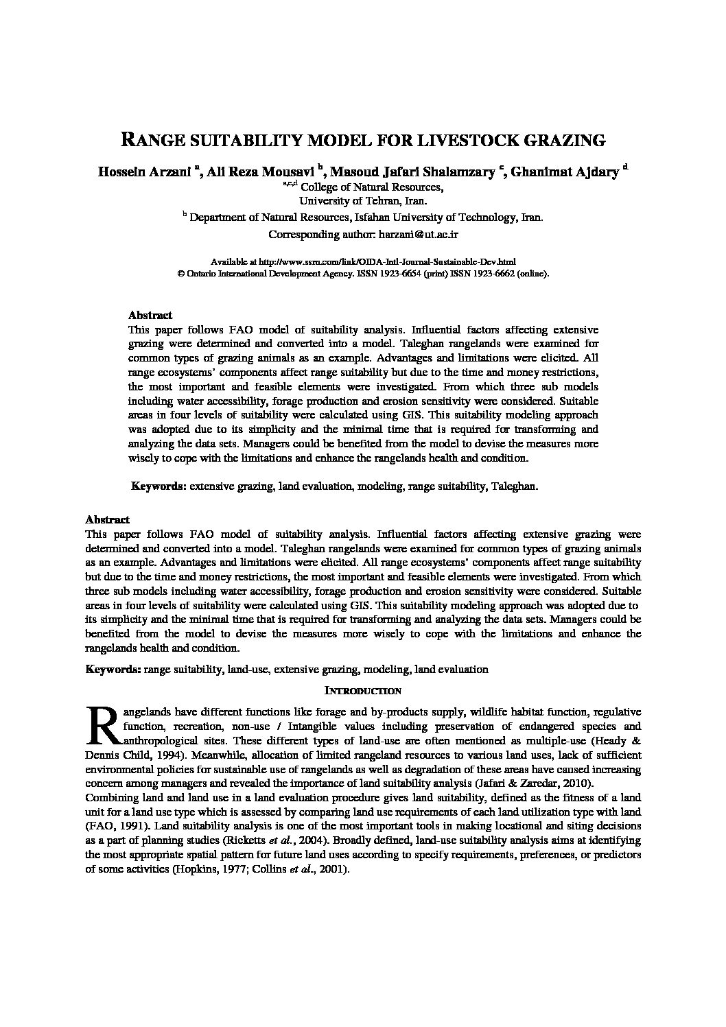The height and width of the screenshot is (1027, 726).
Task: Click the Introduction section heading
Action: [362, 690]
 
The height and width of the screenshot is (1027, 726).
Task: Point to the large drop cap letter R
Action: [103, 725]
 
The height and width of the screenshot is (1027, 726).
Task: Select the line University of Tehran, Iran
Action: [362, 201]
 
